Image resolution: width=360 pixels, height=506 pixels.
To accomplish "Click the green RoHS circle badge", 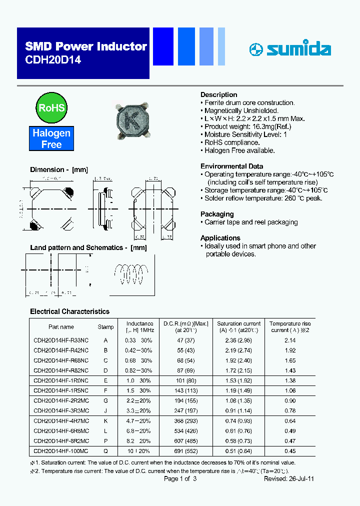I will pos(51,107).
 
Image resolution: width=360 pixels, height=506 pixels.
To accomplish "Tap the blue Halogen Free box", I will pos(51,138).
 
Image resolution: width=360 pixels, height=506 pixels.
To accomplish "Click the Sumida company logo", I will pos(290,49).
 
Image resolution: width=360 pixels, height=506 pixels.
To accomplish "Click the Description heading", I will pos(218,94).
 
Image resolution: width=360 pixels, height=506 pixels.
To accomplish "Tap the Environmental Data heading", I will pos(231,166).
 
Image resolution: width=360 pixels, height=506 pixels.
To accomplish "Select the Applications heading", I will pos(220,238).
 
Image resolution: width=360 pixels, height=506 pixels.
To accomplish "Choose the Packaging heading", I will pos(217,214).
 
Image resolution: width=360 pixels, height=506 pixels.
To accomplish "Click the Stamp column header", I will pos(105,327).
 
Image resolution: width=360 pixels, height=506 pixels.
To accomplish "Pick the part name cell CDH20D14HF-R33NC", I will pos(61,340).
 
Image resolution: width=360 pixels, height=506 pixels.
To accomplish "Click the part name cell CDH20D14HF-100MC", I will pos(61,450).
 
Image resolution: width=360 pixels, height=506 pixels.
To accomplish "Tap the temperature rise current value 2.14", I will pos(290,340).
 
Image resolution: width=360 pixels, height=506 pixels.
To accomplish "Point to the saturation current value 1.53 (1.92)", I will pos(239,380).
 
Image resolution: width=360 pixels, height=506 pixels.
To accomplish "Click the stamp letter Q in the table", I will pos(105,450).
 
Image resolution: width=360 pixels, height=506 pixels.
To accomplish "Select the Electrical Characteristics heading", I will pos(69,311).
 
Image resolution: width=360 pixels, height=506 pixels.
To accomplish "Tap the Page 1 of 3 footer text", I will pos(180,479).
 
